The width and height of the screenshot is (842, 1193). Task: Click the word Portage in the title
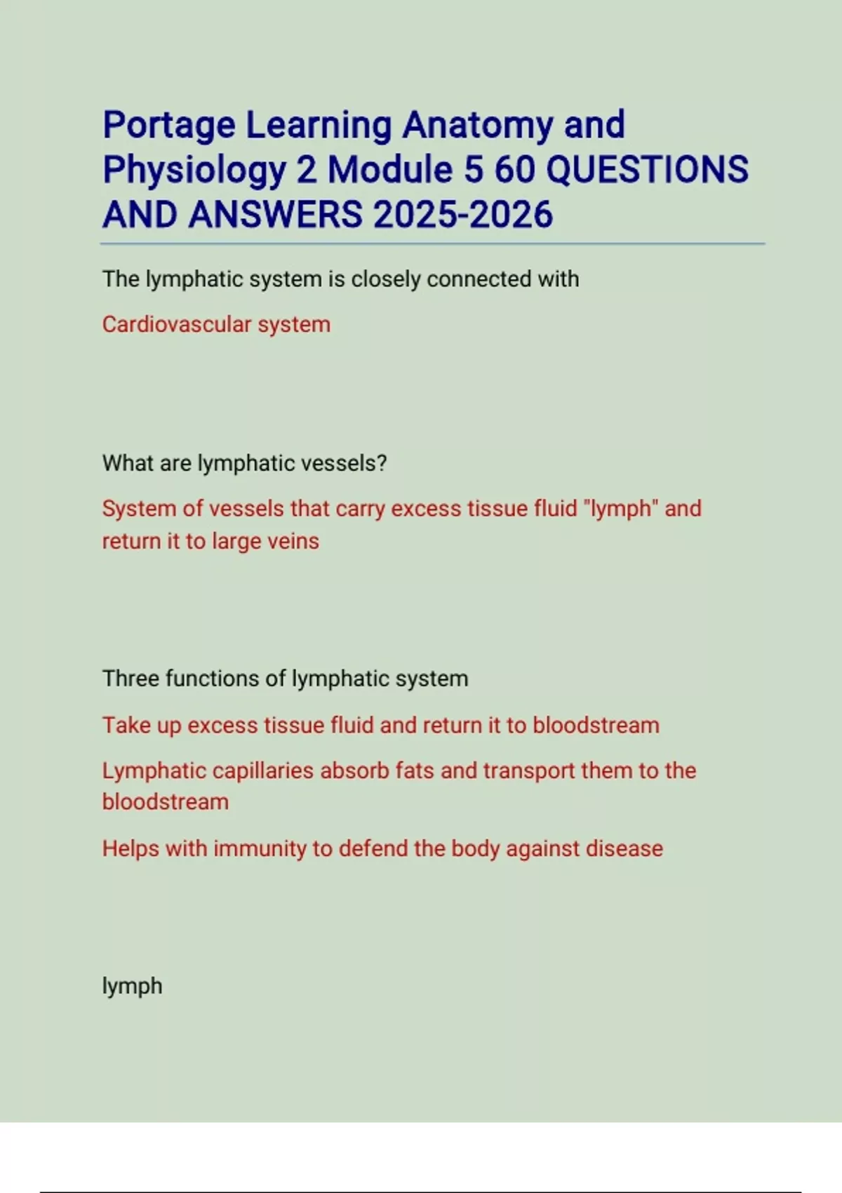coord(169,126)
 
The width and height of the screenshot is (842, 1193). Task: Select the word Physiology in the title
coord(194,171)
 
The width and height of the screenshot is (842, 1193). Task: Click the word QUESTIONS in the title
coord(647,170)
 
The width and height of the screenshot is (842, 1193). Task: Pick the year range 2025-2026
coord(463,215)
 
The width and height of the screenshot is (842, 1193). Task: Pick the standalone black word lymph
coord(132,987)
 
